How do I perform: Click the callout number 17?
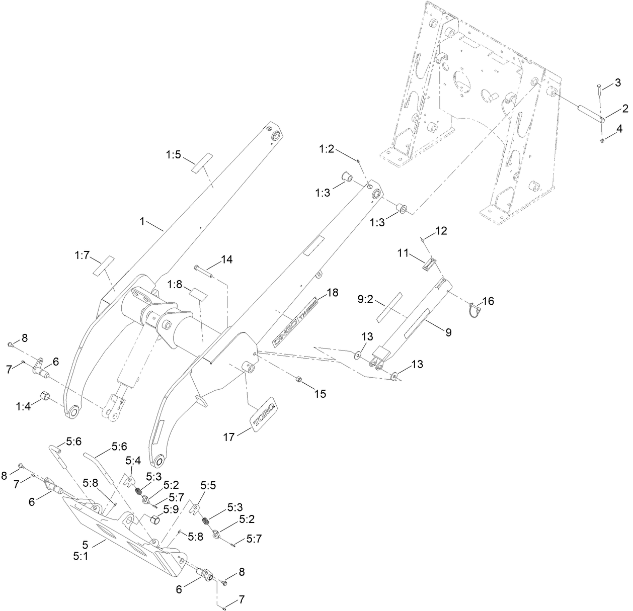[x=229, y=438]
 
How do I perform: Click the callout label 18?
[x=332, y=292]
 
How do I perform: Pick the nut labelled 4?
[x=603, y=139]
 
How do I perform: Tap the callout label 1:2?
[x=327, y=149]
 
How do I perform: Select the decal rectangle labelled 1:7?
[x=103, y=266]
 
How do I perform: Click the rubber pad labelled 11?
[x=429, y=265]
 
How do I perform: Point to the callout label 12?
[x=441, y=231]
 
